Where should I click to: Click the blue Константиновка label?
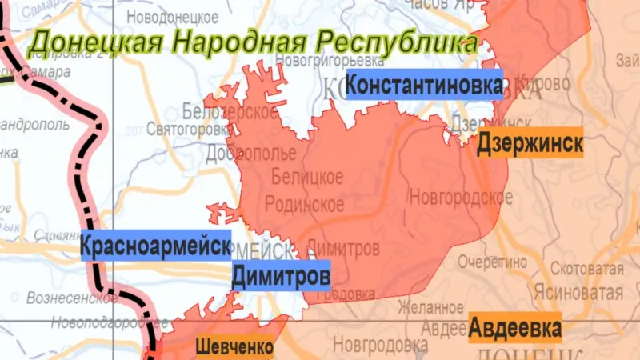(x=424, y=84)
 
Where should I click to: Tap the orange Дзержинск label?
(x=530, y=145)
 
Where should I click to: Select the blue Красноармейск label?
(x=156, y=246)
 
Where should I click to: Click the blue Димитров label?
(x=281, y=277)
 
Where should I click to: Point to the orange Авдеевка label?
(x=515, y=328)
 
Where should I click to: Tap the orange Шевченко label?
(x=234, y=347)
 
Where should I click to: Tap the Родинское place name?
(x=305, y=204)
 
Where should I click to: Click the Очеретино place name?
(x=493, y=261)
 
